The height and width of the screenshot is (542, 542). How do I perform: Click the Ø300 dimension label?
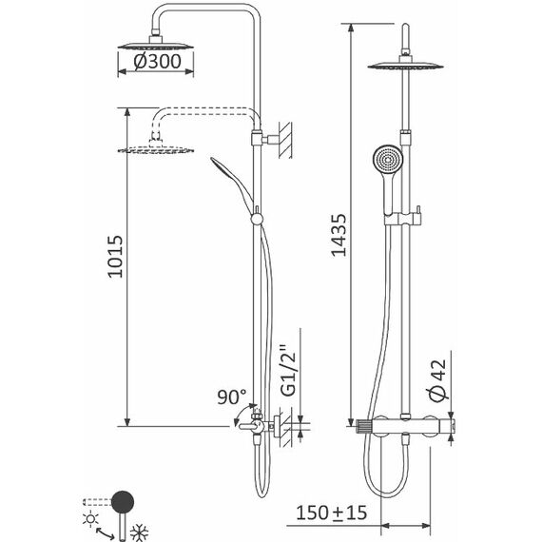(157, 62)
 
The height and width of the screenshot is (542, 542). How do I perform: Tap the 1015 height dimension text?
(115, 257)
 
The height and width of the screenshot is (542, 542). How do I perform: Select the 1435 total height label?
(339, 235)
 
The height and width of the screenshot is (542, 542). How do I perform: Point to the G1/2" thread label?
(288, 370)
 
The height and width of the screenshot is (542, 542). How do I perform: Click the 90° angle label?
(232, 397)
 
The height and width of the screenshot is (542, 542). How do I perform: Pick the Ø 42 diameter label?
(437, 380)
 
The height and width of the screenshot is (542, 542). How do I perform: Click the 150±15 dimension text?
(332, 513)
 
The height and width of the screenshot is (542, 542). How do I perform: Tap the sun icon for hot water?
(90, 518)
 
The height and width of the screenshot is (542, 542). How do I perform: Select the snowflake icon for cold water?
(139, 532)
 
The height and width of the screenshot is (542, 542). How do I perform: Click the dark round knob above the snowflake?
(123, 502)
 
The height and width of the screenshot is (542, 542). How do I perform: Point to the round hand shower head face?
(388, 160)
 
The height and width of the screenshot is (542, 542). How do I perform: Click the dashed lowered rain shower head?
(156, 149)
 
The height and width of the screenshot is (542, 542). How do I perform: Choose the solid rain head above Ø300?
(156, 46)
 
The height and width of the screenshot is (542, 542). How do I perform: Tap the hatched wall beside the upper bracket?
(285, 140)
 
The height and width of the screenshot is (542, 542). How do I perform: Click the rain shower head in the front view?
(405, 66)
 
